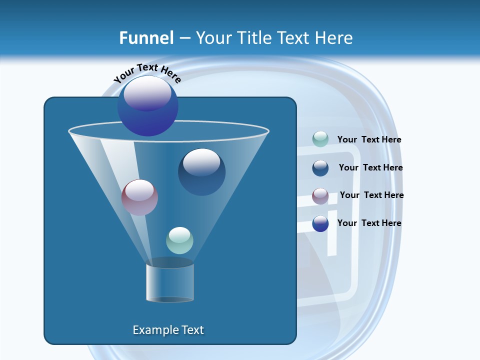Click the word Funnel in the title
click(146, 38)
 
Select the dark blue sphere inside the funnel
click(201, 172)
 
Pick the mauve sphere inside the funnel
click(139, 197)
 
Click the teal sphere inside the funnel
click(179, 240)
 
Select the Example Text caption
click(168, 330)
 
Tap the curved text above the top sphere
click(147, 72)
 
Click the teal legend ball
click(320, 139)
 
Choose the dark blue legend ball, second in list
click(320, 168)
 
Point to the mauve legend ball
click(320, 196)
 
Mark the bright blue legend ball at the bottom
click(320, 223)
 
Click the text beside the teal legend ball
click(369, 140)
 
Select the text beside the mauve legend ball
click(371, 195)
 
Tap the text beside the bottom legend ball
click(369, 223)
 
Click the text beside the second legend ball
click(370, 168)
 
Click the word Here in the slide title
click(334, 38)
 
